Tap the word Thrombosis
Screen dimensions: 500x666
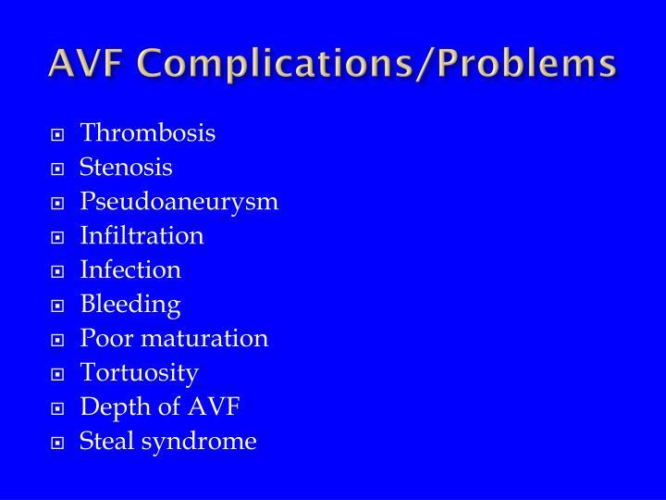coord(148,133)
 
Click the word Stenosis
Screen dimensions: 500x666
coord(126,168)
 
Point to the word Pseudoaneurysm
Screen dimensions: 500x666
coord(179,202)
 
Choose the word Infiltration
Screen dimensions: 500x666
coord(142,236)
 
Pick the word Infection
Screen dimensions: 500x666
coord(130,270)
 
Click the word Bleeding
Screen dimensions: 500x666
coord(130,305)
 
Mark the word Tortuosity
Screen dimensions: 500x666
coord(139,373)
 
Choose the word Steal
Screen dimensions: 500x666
coord(106,442)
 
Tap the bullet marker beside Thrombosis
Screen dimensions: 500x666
coord(57,134)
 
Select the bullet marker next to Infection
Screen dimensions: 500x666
coord(57,271)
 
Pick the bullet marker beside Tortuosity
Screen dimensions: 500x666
coord(57,374)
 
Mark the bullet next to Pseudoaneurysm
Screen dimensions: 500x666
coord(57,203)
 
